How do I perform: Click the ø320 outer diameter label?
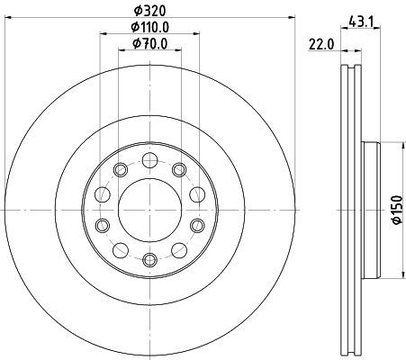(x=149, y=11)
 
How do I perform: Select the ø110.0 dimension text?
(x=149, y=27)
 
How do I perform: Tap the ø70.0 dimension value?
(x=149, y=44)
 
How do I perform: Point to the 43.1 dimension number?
(x=360, y=22)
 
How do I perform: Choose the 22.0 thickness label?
(x=321, y=45)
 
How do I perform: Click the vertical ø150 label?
(x=397, y=210)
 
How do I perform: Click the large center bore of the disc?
(x=149, y=210)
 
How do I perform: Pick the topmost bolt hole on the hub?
(x=149, y=160)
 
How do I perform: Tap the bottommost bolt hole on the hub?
(x=149, y=259)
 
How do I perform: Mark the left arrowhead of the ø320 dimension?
(x=9, y=18)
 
